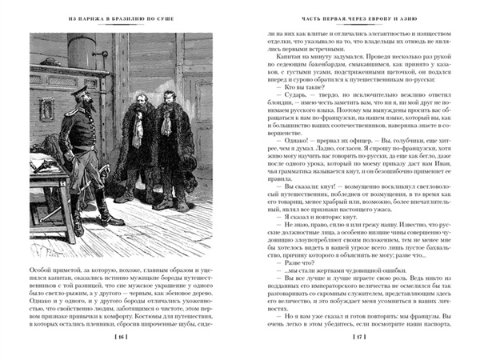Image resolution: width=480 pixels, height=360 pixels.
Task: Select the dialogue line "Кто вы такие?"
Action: click(292, 90)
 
